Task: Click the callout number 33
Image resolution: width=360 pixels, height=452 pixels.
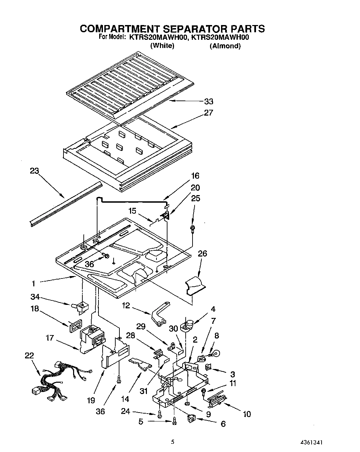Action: tap(208, 102)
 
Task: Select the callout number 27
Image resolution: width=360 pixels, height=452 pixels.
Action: tap(208, 112)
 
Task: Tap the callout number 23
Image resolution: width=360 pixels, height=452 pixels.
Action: tap(34, 171)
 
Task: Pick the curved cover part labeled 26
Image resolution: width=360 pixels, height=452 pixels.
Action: tap(195, 286)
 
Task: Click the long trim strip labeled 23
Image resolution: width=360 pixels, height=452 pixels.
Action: tap(65, 204)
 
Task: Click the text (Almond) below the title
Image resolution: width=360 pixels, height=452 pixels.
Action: tap(225, 46)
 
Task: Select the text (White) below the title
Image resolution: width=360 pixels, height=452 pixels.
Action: tap(162, 46)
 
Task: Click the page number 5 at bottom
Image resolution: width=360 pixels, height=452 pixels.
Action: tap(173, 442)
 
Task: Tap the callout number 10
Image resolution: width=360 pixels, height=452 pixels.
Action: tap(246, 414)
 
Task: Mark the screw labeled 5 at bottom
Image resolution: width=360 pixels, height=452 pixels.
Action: tap(174, 420)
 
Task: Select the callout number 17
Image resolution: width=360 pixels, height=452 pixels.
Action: tap(50, 338)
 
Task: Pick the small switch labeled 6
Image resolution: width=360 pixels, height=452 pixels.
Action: tap(192, 419)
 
